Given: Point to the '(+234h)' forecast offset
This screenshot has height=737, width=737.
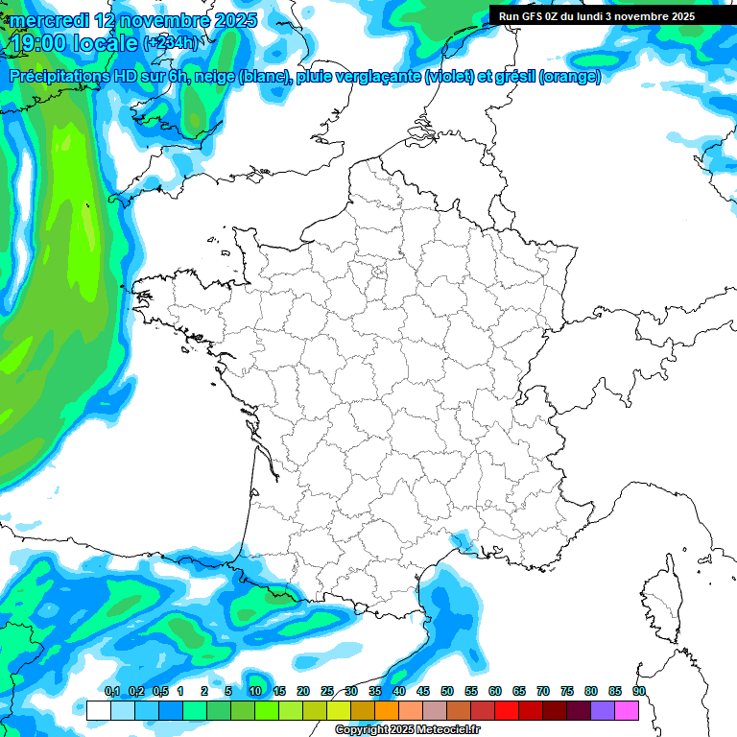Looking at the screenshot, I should click(x=170, y=43).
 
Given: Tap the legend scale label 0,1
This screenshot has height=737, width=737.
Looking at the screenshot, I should click(x=112, y=691).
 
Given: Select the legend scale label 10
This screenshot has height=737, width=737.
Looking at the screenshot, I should click(x=255, y=691).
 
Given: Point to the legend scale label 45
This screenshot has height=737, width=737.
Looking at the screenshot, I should click(x=423, y=691).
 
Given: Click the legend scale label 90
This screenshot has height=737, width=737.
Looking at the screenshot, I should click(x=638, y=691).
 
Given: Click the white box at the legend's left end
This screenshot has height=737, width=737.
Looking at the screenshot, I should click(x=98, y=710).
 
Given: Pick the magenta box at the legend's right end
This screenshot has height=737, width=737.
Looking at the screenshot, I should click(x=626, y=710).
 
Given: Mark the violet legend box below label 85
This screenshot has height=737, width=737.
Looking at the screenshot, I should click(x=602, y=710).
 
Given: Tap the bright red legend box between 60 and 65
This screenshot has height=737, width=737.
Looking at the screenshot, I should click(x=506, y=710).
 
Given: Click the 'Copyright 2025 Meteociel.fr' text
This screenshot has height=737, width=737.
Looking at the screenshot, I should click(x=407, y=730).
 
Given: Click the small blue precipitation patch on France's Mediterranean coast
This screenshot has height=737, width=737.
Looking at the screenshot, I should click(x=464, y=544).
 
